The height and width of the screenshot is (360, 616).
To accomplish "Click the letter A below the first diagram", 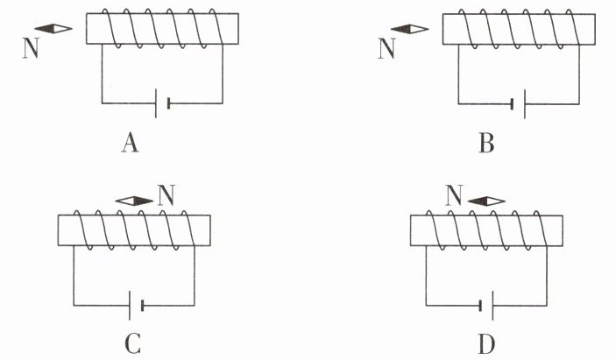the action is click(130, 143).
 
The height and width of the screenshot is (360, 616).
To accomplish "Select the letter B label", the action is click(486, 143).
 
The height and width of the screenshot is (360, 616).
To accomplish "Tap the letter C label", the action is click(133, 344).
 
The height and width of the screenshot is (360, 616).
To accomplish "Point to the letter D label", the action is click(486, 344).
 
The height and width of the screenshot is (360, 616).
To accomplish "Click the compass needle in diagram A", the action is click(53, 29).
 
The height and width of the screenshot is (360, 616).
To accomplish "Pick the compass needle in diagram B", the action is click(410, 29).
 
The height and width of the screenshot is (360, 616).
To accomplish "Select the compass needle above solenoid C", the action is click(134, 201).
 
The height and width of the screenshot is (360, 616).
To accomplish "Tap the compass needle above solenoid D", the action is click(486, 201).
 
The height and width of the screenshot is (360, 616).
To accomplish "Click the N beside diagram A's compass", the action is click(31, 48).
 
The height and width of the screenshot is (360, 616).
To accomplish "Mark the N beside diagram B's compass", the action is click(387, 48).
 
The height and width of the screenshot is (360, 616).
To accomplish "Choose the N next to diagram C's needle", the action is click(166, 195).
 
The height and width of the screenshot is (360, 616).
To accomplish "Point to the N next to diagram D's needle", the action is click(454, 195).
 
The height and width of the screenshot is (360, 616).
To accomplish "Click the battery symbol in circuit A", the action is click(162, 103).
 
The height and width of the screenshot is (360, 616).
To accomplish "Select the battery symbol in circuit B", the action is click(519, 104).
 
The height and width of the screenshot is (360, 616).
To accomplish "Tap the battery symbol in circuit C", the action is click(136, 306).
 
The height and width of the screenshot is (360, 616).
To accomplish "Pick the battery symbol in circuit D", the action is click(486, 306).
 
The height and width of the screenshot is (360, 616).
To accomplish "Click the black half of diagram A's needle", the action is click(44, 29).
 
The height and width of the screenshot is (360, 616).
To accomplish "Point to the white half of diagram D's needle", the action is click(496, 201).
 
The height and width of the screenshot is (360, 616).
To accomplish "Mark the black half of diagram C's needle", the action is click(144, 201).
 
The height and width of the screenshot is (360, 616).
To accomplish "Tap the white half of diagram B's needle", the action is click(419, 29).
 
